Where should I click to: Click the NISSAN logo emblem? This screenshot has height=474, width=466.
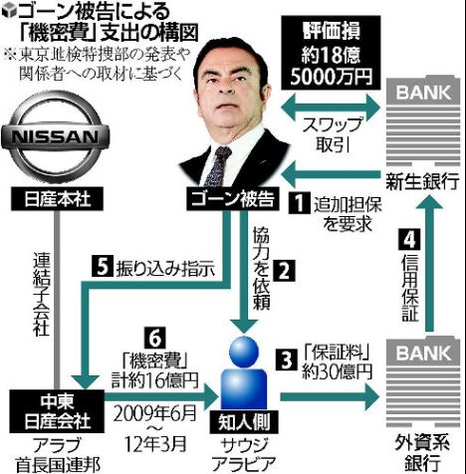pyautogui.click(x=55, y=136)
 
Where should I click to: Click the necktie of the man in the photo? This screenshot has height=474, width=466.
pyautogui.click(x=218, y=166)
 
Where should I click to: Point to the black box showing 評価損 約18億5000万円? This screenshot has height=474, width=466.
pyautogui.click(x=331, y=53)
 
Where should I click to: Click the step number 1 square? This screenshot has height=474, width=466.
pyautogui.click(x=299, y=202)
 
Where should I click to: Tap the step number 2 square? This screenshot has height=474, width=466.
pyautogui.click(x=284, y=270)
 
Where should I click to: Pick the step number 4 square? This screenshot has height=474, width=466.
pyautogui.click(x=409, y=240)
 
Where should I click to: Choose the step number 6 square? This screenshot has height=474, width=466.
pyautogui.click(x=154, y=339)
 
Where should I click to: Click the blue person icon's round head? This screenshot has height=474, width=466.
pyautogui.click(x=244, y=352)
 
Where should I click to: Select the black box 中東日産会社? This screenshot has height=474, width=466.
pyautogui.click(x=57, y=411)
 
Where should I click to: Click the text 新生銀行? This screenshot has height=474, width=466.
pyautogui.click(x=422, y=182)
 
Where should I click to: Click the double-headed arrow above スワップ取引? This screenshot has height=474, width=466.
pyautogui.click(x=331, y=107)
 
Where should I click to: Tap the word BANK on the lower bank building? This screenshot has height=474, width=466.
pyautogui.click(x=423, y=354)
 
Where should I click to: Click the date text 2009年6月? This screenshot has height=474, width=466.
pyautogui.click(x=154, y=413)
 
